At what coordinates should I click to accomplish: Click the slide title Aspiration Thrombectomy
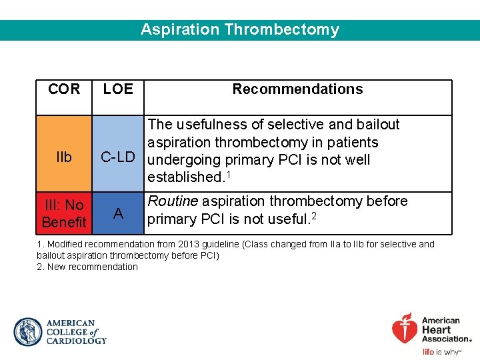pyautogui.click(x=239, y=30)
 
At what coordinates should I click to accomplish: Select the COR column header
pyautogui.click(x=64, y=89)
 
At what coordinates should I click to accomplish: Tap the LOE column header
pyautogui.click(x=118, y=89)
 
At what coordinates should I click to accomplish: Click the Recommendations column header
pyautogui.click(x=297, y=89)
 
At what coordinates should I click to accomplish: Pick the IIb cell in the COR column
pyautogui.click(x=64, y=157)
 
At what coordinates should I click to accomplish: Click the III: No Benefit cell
pyautogui.click(x=64, y=213)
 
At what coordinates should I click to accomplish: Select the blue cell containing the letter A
pyautogui.click(x=118, y=213)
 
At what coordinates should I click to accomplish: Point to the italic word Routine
pyautogui.click(x=172, y=201)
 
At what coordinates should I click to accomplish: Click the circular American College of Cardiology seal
pyautogui.click(x=27, y=331)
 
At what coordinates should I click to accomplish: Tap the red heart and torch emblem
pyautogui.click(x=405, y=328)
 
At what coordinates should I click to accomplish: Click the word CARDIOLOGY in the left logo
pyautogui.click(x=76, y=341)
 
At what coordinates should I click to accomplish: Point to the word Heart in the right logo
pyautogui.click(x=436, y=329)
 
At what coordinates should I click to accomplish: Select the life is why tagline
pyautogui.click(x=441, y=351)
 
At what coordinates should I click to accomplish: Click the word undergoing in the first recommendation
pyautogui.click(x=183, y=160)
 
